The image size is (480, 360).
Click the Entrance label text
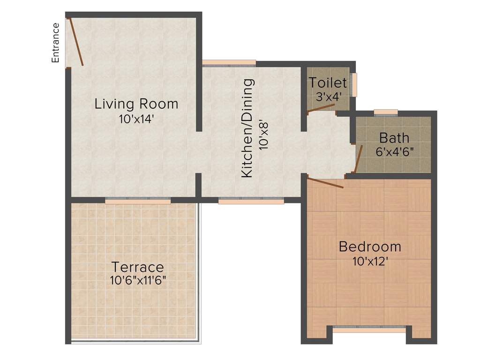click(x=55, y=43)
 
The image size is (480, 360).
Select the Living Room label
click(x=136, y=104)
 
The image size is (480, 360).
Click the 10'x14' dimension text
click(x=136, y=119)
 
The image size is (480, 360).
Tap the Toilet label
click(x=328, y=83)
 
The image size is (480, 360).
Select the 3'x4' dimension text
click(x=328, y=96)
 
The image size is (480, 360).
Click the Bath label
click(x=394, y=138)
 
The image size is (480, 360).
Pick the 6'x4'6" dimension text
click(x=394, y=151)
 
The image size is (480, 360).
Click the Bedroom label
click(x=370, y=246)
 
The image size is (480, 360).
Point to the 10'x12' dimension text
click(x=370, y=261)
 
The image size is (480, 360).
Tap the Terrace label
click(x=137, y=267)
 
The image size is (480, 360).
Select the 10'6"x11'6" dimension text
click(x=138, y=280)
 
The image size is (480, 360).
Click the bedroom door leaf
click(x=325, y=182)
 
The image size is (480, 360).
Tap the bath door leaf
click(x=359, y=159)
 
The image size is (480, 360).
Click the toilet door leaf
click(x=321, y=108)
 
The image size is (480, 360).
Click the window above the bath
click(x=386, y=112)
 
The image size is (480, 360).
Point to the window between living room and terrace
click(x=138, y=200)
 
